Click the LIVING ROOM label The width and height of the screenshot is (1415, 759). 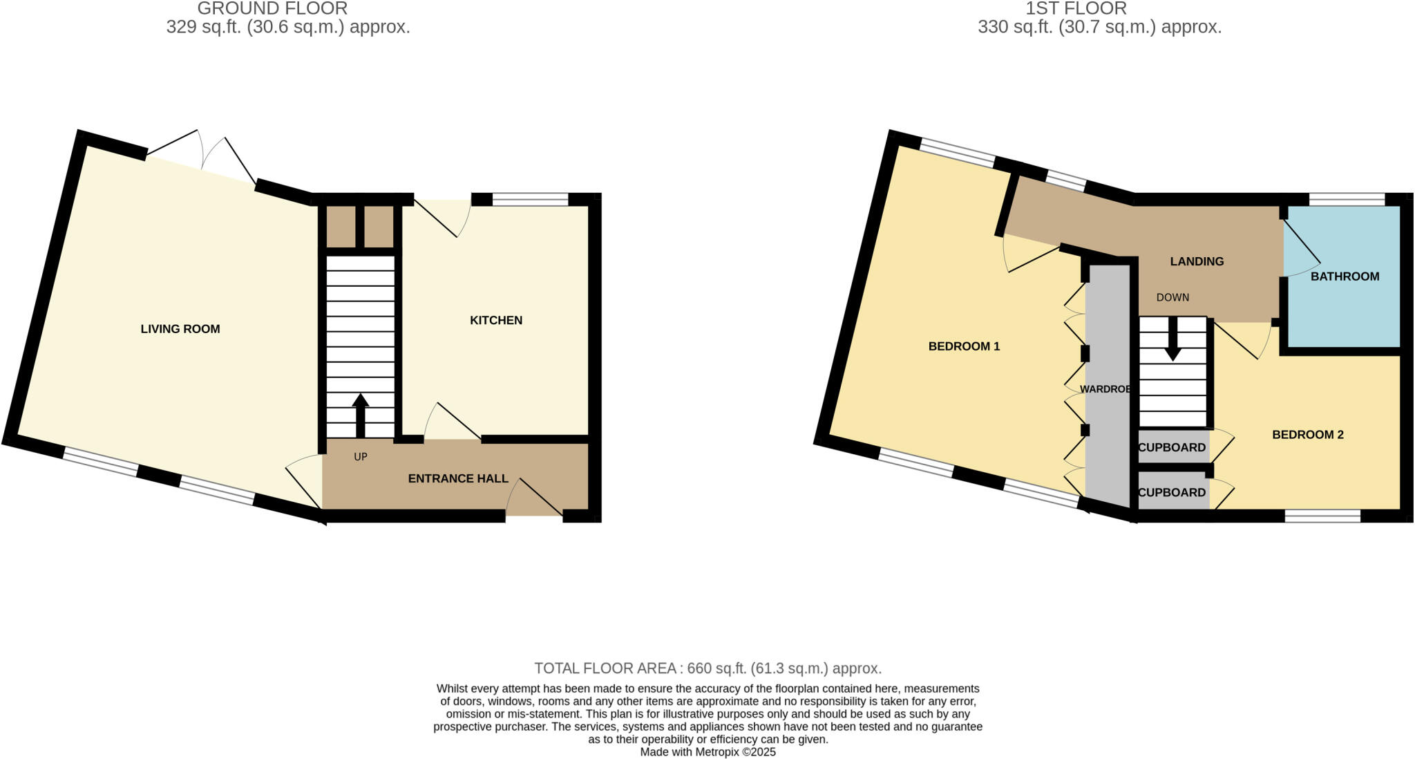[180, 329]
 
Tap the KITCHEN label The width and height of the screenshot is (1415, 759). [496, 320]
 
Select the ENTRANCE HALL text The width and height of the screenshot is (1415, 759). [458, 478]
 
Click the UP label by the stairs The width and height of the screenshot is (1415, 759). [361, 457]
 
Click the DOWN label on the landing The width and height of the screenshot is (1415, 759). [1172, 297]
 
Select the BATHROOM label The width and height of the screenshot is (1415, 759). [1345, 277]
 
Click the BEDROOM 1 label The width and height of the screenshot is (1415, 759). [964, 346]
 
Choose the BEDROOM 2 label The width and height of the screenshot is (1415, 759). [1308, 435]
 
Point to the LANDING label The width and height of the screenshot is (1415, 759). [1197, 261]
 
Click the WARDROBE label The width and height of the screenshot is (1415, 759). [1105, 389]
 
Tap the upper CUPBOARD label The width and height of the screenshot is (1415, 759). [1172, 447]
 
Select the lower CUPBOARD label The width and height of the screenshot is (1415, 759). [1172, 493]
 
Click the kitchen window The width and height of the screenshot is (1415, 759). [530, 200]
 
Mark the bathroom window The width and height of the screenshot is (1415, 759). [1347, 200]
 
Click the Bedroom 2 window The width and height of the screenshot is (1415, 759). [1322, 516]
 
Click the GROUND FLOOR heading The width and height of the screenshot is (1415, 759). [272, 8]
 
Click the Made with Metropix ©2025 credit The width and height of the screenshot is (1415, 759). [707, 752]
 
